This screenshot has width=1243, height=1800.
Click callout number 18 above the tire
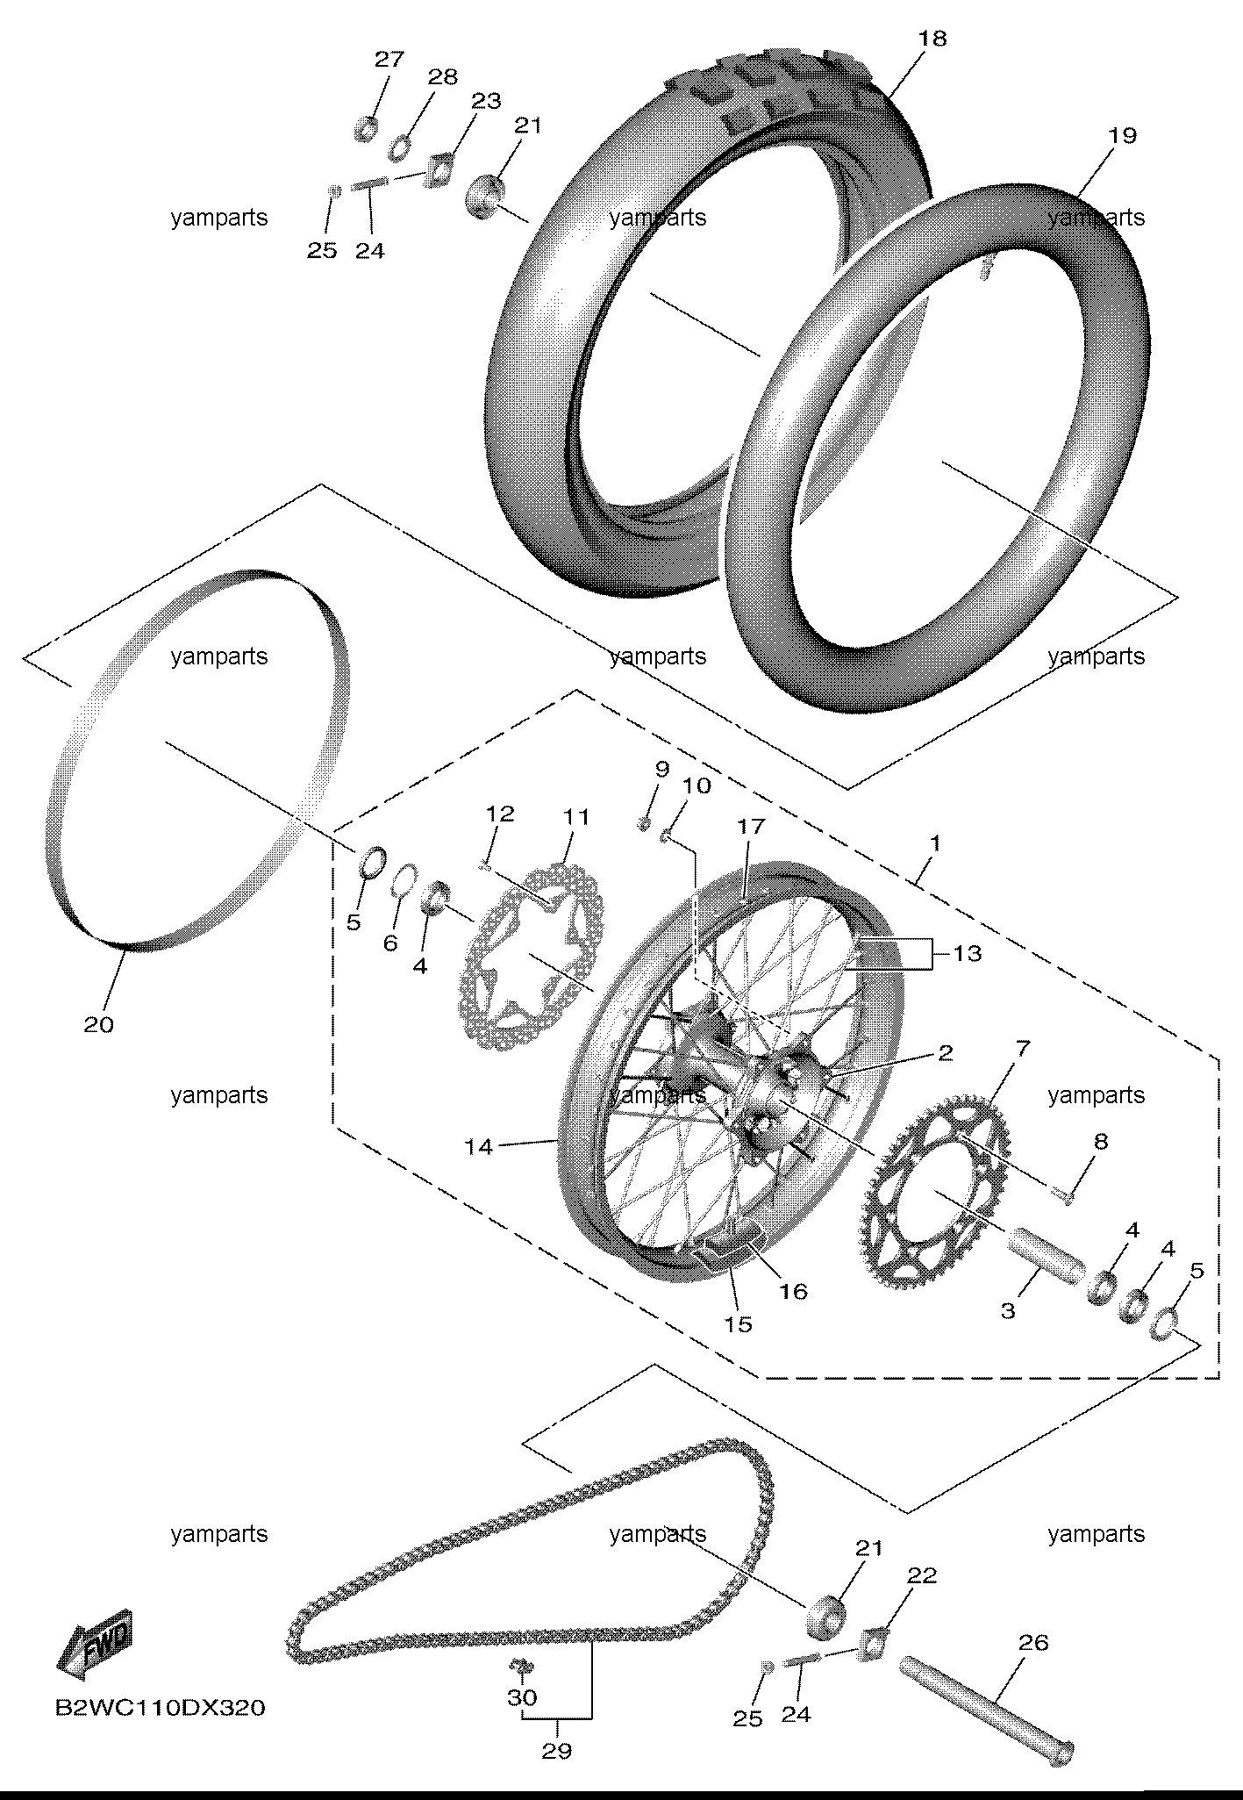click(x=933, y=39)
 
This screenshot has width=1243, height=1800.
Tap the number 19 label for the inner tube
click(x=1122, y=136)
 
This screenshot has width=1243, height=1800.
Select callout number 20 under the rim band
click(x=98, y=1024)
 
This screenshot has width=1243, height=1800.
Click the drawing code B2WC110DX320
click(x=160, y=1708)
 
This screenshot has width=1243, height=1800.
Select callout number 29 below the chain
click(x=556, y=1751)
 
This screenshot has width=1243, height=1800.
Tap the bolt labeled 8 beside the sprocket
click(x=1061, y=1193)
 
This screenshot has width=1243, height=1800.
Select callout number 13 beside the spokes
click(x=967, y=953)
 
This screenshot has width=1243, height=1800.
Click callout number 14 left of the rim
click(x=479, y=1146)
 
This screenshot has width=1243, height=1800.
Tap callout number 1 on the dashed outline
click(x=935, y=843)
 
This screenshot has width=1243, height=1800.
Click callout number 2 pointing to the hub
click(x=944, y=1052)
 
